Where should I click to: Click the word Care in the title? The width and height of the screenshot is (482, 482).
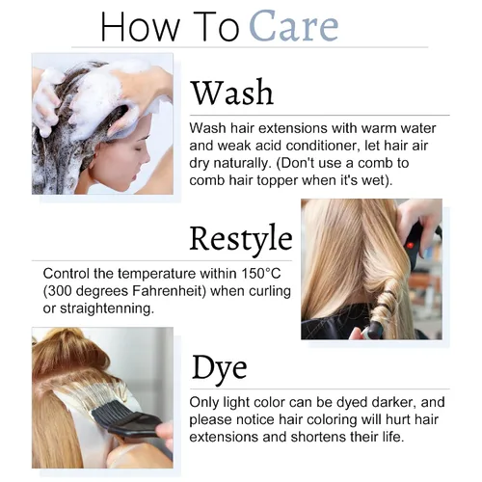pos(294,26)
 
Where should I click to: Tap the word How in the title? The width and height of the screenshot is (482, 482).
pos(140,26)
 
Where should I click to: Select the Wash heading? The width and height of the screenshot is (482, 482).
pos(232,93)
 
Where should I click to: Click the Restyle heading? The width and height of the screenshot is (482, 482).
pos(241,238)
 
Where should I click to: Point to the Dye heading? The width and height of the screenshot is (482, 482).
pos(220,368)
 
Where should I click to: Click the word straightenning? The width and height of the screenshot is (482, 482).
pos(107,308)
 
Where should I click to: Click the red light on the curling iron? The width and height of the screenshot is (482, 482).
pos(410,246)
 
